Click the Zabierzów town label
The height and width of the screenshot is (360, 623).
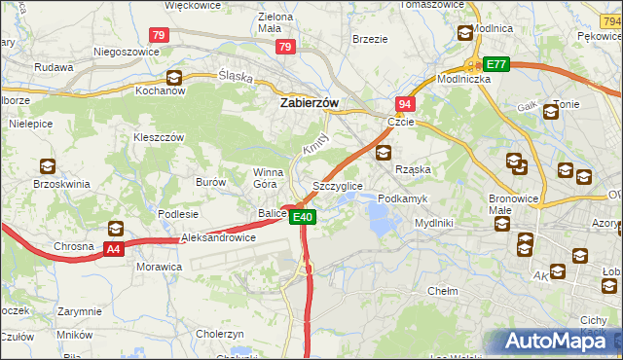[309, 101]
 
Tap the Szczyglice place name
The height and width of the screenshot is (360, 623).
[338, 185]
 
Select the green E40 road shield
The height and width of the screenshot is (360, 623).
[303, 217]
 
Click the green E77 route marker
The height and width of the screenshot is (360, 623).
[497, 64]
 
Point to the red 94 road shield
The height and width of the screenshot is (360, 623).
[405, 104]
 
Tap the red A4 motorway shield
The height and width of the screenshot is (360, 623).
[114, 249]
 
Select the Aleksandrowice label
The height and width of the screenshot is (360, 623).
[218, 237]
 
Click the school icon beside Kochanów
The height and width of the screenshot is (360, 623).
[173, 77]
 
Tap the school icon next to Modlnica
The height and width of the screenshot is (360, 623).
[464, 33]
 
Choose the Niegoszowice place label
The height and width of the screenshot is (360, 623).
[126, 52]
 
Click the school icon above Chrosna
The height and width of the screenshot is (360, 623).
[116, 229]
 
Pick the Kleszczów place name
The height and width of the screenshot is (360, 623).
[159, 138]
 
